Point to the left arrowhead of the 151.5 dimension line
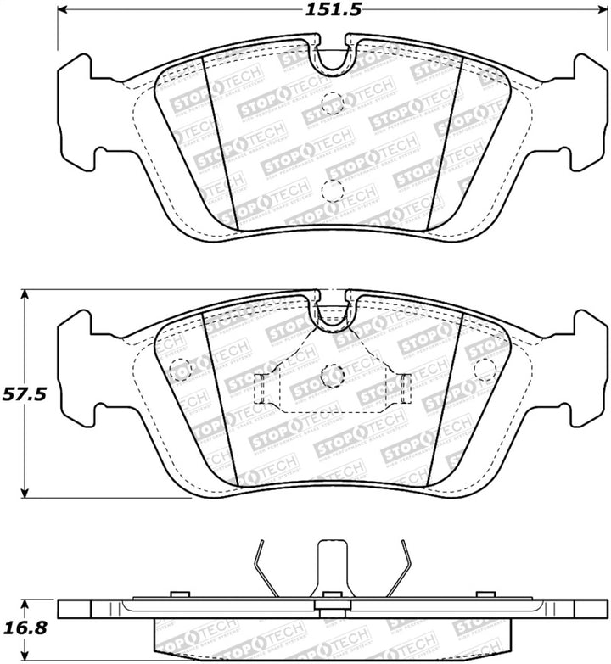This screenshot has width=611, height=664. (63, 11)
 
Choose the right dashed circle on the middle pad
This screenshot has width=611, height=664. (485, 369)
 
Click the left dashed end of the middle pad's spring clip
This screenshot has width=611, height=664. (262, 390)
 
